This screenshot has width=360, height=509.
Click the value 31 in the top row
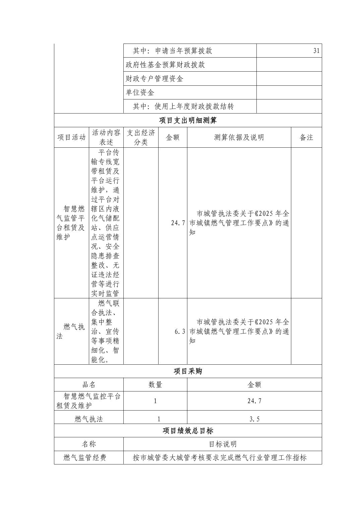pos(316,51)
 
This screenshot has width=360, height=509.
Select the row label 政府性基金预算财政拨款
pos(165,65)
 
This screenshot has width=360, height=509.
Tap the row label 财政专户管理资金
pos(154,79)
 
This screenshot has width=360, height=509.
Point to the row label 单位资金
pos(140,92)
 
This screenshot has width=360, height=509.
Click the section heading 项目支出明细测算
pos(188,120)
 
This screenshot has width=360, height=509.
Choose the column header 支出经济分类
pos(141,137)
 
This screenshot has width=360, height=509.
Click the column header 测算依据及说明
pos(239,137)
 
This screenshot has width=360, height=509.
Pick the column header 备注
pos(306,137)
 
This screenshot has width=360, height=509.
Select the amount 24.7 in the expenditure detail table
pos(178,223)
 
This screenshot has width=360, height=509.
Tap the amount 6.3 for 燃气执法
pos(180,332)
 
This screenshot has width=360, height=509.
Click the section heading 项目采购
pos(188,371)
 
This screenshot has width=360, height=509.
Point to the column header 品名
pos(89,385)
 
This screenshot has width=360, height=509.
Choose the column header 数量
pos(155,385)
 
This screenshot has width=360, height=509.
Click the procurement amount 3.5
pos(254,419)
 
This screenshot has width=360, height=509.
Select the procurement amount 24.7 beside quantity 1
pos(254,401)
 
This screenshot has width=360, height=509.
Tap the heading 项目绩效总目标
pos(188,431)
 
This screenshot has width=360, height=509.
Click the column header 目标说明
pos(223,444)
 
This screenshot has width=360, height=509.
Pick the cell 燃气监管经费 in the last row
pos(85,457)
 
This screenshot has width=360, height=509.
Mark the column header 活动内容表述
pos(106,137)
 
